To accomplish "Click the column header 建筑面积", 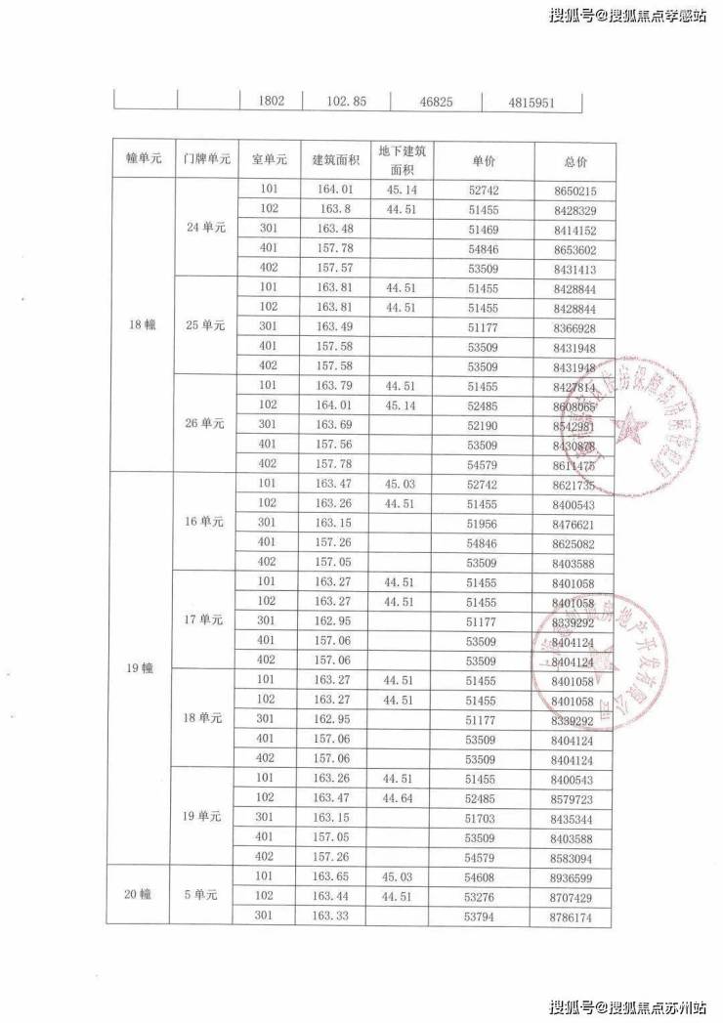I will point(335,159).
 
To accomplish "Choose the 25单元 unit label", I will point(206,325).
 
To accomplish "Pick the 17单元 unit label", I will point(206,619).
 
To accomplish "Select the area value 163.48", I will point(335,230).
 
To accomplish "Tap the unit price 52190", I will point(484,425).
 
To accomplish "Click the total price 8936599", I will point(574,877).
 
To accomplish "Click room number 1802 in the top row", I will point(271,101).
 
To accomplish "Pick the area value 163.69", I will point(335,425).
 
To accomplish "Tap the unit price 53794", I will point(484,916).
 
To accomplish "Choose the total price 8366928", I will point(574,326).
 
